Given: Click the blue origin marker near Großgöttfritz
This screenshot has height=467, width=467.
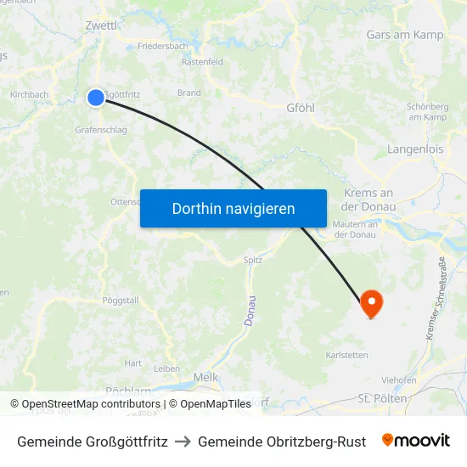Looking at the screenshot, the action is [x=96, y=98].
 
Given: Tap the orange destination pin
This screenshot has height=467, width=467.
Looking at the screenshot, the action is [x=371, y=303].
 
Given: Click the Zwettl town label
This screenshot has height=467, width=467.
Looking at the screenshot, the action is [x=101, y=25].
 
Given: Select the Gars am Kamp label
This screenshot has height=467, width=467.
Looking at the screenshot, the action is [x=405, y=35].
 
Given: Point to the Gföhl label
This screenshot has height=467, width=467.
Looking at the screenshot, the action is [x=301, y=109].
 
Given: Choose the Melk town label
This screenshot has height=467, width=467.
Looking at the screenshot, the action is [x=205, y=376].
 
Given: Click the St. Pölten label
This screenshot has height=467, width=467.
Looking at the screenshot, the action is [x=382, y=397].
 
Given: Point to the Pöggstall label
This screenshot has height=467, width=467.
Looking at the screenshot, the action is [x=120, y=301].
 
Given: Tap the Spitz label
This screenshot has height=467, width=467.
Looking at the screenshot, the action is [x=252, y=260].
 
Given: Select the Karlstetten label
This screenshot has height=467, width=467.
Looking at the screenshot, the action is [x=346, y=354].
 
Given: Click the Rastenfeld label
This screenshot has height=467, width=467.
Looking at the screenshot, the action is [x=202, y=62].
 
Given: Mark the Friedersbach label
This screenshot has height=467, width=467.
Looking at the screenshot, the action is [x=162, y=46].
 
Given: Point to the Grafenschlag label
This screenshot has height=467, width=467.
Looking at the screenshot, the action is [x=101, y=131].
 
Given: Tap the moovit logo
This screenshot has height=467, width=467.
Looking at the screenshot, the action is [x=415, y=441].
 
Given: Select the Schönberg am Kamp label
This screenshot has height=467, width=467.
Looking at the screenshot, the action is [x=427, y=111].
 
